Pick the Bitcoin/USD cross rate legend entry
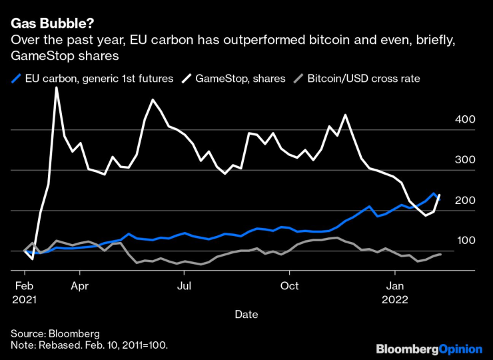pos(363,79)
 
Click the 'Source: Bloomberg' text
pos(55,333)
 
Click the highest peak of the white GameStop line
pos(56,88)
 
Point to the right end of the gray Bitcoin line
pos(440,254)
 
